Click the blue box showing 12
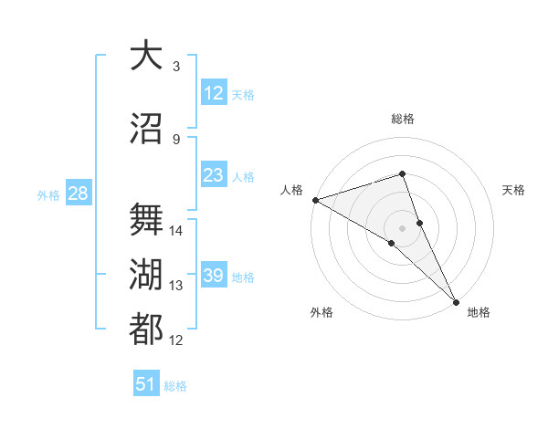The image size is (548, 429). [213, 93]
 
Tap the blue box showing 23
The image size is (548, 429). [213, 175]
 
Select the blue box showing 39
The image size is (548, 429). [213, 276]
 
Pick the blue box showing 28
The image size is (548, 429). [77, 194]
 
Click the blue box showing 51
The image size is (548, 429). [146, 384]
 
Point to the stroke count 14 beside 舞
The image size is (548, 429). [176, 231]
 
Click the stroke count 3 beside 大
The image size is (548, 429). [176, 66]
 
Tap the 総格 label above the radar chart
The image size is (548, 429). [403, 119]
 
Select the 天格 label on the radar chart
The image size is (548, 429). [514, 190]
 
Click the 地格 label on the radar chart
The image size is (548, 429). [479, 312]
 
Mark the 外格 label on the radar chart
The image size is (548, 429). [321, 312]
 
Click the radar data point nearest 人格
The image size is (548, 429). [314, 200]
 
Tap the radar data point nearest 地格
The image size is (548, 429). [457, 301]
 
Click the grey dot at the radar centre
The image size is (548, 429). [402, 227]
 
